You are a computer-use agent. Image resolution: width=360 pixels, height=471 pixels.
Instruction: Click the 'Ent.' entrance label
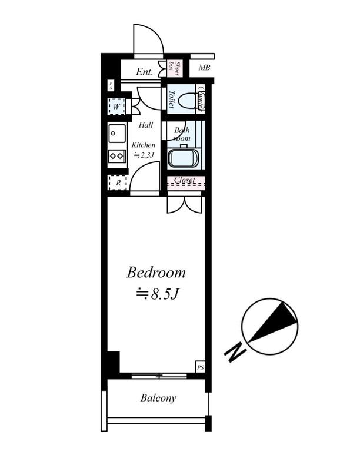pyautogui.click(x=144, y=72)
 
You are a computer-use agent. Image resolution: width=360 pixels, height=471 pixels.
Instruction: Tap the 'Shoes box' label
pyautogui.click(x=174, y=68)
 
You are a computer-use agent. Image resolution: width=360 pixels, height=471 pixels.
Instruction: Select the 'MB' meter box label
pyautogui.click(x=204, y=68)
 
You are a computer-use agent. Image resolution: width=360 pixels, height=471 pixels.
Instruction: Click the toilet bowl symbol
pyautogui.click(x=187, y=101)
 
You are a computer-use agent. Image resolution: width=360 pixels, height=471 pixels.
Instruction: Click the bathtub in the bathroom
pyautogui.click(x=183, y=158)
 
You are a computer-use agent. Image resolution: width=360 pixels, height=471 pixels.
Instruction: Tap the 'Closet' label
pyautogui.click(x=185, y=180)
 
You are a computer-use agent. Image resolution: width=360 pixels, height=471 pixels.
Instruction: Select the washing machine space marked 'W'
pyautogui.click(x=118, y=107)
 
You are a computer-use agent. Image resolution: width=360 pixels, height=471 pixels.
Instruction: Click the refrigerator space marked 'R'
pyautogui.click(x=118, y=183)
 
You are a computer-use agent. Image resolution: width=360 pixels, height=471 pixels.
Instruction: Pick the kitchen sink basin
pyautogui.click(x=116, y=134)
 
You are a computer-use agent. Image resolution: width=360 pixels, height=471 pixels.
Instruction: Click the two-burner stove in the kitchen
pyautogui.click(x=117, y=157)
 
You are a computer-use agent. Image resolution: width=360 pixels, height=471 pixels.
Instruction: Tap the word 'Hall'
pyautogui.click(x=146, y=125)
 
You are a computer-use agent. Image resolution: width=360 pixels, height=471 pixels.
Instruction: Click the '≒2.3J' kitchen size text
pyautogui.click(x=144, y=155)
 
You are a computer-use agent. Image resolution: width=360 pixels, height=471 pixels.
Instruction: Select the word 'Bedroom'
pyautogui.click(x=156, y=273)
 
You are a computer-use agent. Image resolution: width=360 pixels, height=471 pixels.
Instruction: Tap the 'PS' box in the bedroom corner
pyautogui.click(x=200, y=368)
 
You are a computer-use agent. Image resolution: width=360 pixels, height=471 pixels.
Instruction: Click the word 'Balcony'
pyautogui.click(x=158, y=399)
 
